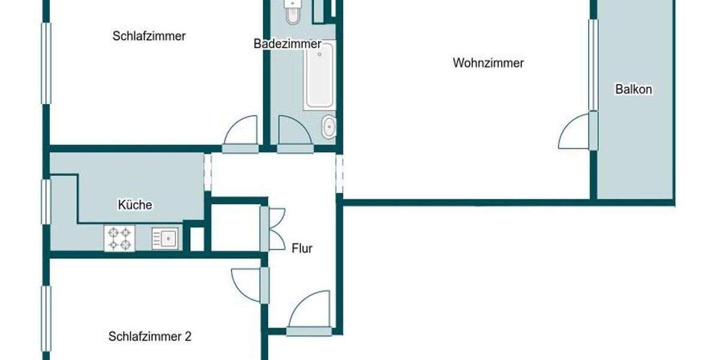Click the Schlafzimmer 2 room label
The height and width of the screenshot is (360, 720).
pyautogui.click(x=150, y=337)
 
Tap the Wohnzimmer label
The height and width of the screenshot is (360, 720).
pyautogui.click(x=488, y=63)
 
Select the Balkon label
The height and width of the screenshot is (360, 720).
pyautogui.click(x=634, y=90)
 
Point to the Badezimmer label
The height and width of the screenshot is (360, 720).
pyautogui.click(x=287, y=44)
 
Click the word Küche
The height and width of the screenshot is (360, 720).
pyautogui.click(x=135, y=205)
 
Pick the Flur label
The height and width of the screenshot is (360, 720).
pyautogui.click(x=302, y=248)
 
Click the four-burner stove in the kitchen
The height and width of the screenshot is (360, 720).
pyautogui.click(x=119, y=238)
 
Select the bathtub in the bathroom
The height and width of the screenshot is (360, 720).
pyautogui.click(x=319, y=76)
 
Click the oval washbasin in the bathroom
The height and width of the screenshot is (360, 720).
pyautogui.click(x=329, y=127)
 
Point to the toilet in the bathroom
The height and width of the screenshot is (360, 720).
pyautogui.click(x=293, y=12)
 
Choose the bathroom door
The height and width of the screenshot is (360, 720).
pyautogui.click(x=294, y=132)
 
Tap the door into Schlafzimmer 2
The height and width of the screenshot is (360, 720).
pyautogui.click(x=247, y=284)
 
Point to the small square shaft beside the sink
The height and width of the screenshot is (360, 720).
pyautogui.click(x=196, y=238)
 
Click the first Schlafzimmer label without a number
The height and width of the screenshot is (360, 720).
pyautogui.click(x=149, y=36)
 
